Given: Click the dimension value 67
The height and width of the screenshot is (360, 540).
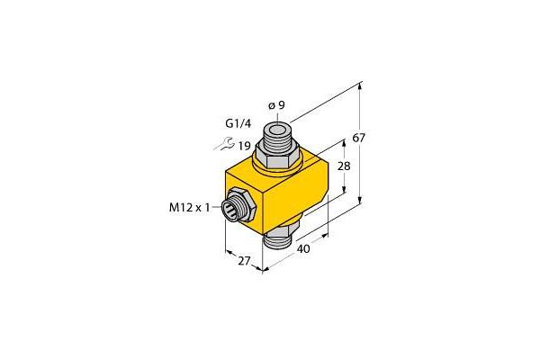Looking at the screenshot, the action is click(358, 138).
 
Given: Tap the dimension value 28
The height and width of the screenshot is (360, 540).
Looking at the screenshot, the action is click(344, 166).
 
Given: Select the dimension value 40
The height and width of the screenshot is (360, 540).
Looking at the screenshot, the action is click(303, 248).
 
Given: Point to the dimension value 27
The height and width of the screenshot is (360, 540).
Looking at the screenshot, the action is click(244, 261).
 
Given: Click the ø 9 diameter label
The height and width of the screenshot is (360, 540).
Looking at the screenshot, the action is click(276, 105).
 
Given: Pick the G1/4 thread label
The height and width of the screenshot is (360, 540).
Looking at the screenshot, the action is click(238, 123).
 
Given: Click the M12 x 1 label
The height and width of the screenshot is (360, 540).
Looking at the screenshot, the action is click(189, 208).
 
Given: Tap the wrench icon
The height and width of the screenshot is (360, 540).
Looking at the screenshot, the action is click(224, 143).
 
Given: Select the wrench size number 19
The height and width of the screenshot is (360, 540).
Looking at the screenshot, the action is click(244, 146).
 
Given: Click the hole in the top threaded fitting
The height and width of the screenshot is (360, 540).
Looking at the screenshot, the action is click(276, 130).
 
